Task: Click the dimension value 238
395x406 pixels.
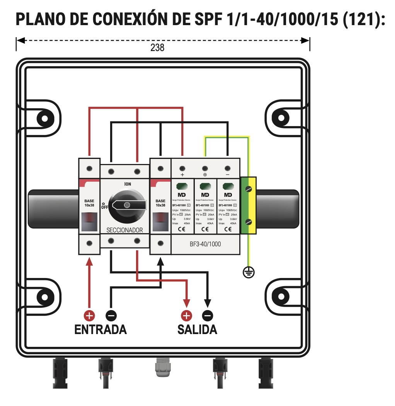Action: (157, 48)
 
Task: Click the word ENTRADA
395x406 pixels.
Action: (100, 329)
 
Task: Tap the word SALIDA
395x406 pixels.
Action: (197, 329)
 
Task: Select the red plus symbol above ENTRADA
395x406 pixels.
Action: (90, 316)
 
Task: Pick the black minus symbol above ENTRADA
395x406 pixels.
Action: (111, 316)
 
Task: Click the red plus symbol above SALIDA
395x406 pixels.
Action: (187, 316)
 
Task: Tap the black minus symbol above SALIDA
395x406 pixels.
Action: (208, 316)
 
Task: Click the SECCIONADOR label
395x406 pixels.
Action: (124, 230)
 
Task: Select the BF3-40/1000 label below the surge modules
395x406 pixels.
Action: (205, 244)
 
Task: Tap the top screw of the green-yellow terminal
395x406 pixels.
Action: (249, 189)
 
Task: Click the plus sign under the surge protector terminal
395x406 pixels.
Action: (182, 174)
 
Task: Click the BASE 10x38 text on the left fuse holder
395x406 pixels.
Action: (89, 203)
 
